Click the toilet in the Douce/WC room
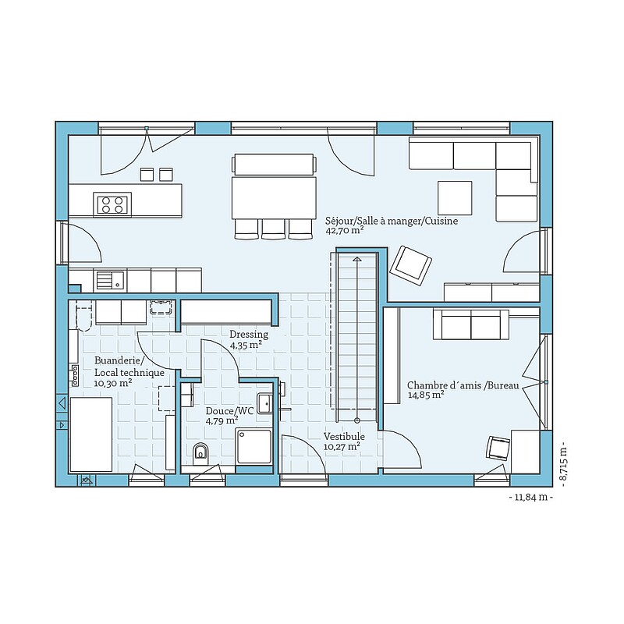pos(200,454)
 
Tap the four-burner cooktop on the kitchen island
pos(112,204)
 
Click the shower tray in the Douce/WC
pos(254,445)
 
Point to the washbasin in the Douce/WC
pos(264,403)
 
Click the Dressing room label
pos(249,335)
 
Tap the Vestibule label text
pos(344,437)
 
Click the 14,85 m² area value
pos(426,395)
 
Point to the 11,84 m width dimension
pos(531,498)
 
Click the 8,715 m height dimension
pos(562,464)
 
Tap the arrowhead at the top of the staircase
pos(357,259)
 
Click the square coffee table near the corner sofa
pos(455,198)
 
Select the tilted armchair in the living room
pos(411,265)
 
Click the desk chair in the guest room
pos(498,448)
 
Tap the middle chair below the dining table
pos(273,229)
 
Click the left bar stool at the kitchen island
pos(147,174)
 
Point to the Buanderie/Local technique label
pos(129,367)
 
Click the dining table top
pos(274,198)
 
